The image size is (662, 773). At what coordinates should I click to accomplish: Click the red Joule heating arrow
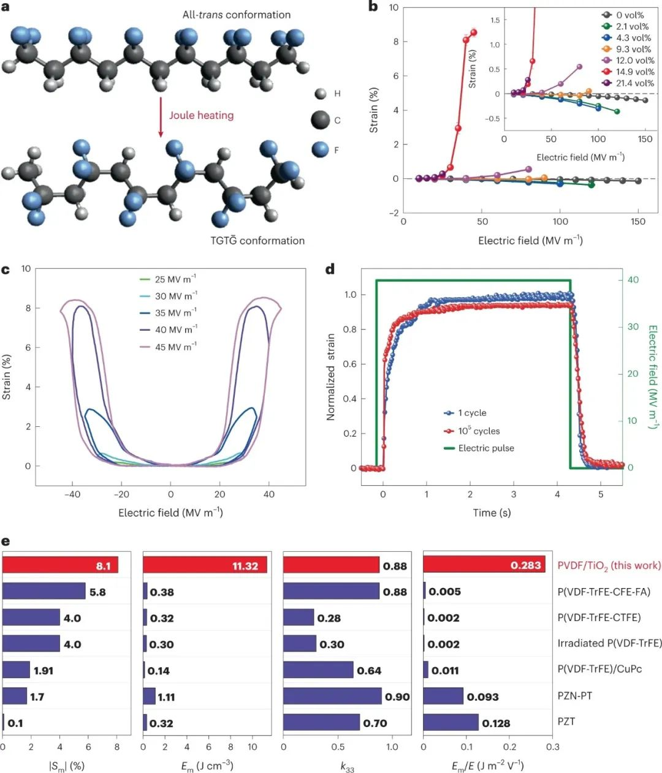click(161, 116)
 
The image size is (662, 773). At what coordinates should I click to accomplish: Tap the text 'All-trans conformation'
click(236, 14)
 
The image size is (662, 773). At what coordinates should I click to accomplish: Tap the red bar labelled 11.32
click(205, 565)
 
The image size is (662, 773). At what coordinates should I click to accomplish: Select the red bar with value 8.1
click(60, 565)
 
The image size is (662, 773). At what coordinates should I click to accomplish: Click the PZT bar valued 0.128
click(451, 722)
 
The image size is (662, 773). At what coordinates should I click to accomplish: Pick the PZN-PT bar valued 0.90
click(332, 696)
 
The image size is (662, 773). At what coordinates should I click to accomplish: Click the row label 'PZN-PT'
click(574, 696)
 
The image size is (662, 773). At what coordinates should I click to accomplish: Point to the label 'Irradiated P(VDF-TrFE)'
click(609, 643)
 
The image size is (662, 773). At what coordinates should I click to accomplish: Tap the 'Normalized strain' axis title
click(331, 377)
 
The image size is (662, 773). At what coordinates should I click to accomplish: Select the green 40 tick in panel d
click(633, 280)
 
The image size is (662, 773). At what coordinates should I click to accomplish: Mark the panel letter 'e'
click(6, 541)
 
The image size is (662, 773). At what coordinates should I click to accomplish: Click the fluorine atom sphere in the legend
click(321, 149)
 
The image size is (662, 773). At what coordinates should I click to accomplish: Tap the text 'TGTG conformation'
click(257, 240)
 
